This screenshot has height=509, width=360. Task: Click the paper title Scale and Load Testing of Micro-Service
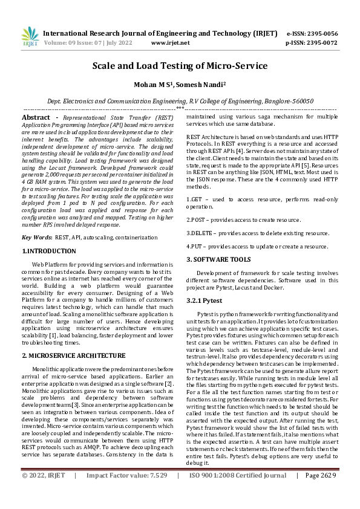180,66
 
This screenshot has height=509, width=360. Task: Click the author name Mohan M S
152,85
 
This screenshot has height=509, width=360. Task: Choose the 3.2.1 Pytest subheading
205,299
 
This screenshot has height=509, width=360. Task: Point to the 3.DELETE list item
257,233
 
